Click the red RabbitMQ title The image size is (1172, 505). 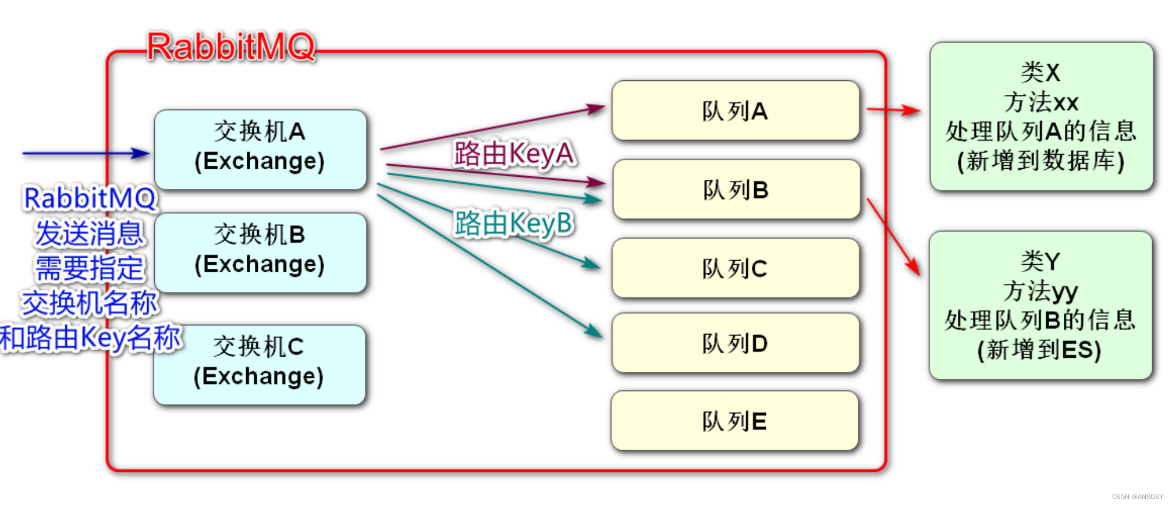231,47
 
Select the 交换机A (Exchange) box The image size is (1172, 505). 260,149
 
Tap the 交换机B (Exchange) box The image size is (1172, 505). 260,252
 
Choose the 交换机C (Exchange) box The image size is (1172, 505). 259,364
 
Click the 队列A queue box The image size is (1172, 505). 735,111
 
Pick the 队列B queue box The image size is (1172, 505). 736,189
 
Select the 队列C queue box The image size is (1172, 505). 735,268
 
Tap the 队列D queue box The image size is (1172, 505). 735,343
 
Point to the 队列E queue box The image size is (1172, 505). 734,421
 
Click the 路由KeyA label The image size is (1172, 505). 514,154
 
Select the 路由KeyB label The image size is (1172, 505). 514,223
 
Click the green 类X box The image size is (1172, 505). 1041,116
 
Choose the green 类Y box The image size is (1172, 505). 1040,305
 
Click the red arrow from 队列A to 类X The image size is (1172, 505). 893,109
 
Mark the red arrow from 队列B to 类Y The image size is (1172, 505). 893,236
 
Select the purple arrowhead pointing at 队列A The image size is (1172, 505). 596,108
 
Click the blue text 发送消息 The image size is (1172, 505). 89,234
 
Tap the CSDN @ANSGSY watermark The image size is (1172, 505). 1137,497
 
